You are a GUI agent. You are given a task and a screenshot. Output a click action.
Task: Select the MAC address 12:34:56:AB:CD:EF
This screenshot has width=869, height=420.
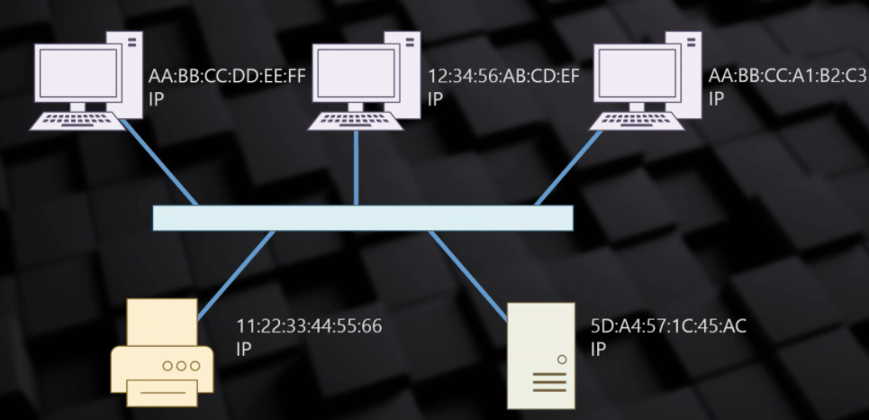coord(503,78)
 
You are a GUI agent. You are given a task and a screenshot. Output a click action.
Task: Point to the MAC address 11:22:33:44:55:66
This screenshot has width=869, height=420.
coord(309,326)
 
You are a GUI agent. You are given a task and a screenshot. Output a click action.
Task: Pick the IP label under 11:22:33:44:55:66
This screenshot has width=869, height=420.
coord(244,347)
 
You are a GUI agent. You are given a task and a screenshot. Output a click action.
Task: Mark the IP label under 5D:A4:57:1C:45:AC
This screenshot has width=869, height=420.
coord(598,348)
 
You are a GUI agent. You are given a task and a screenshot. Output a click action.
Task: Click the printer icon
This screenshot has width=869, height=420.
coord(162,353)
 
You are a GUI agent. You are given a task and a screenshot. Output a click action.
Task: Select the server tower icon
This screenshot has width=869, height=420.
coord(539,353)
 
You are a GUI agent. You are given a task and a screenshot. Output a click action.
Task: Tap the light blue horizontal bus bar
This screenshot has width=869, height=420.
coord(362,218)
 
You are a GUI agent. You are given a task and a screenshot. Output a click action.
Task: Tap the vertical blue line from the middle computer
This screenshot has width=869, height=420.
coord(357,168)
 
